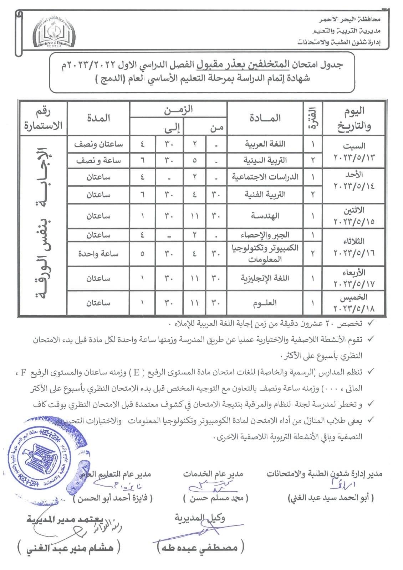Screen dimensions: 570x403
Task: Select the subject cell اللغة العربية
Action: (265, 144)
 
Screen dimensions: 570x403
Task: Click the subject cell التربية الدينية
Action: (265, 160)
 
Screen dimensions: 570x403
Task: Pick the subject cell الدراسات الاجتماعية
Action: (265, 177)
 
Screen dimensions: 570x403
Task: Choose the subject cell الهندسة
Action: (265, 216)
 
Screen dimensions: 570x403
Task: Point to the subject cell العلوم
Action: (265, 303)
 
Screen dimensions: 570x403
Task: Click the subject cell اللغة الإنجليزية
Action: (265, 278)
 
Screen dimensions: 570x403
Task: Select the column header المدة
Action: (98, 118)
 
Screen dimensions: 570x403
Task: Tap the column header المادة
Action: (265, 118)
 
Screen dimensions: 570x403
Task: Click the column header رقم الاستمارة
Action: (43, 118)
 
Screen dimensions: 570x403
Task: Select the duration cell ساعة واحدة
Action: (98, 254)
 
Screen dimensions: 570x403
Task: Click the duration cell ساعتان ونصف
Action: (98, 144)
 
